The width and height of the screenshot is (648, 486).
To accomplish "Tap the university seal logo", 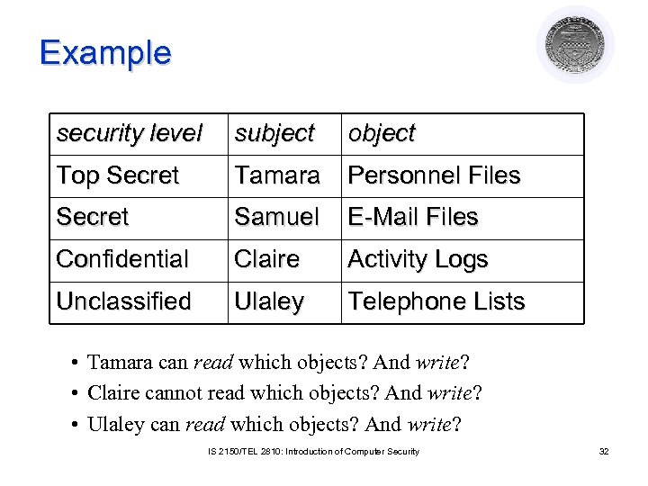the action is [x=575, y=44].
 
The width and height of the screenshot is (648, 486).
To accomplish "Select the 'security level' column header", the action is [x=129, y=133].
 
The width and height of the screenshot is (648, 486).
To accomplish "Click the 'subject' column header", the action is [x=274, y=133].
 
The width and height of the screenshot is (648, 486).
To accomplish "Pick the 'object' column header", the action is [x=382, y=133].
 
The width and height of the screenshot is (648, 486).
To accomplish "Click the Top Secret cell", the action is [x=118, y=175].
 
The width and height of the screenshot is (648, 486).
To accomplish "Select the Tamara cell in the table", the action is [x=277, y=175].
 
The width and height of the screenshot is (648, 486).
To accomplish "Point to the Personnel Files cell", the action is [x=434, y=175].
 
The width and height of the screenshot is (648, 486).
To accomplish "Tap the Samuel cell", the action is [x=276, y=217].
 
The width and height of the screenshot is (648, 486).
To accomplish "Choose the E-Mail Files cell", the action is [x=413, y=217].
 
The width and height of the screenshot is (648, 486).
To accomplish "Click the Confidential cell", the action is [x=122, y=259].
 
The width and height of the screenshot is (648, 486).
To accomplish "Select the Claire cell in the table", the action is [x=266, y=259].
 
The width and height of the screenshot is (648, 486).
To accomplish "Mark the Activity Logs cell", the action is [x=418, y=259].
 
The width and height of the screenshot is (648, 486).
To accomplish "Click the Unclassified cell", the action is [x=123, y=301].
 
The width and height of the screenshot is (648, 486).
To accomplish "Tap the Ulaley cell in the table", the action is [x=269, y=301].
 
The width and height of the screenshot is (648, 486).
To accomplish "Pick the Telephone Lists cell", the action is [x=436, y=301].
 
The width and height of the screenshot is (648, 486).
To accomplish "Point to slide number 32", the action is [x=604, y=451].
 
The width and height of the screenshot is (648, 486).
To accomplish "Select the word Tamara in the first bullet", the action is [x=120, y=363].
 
